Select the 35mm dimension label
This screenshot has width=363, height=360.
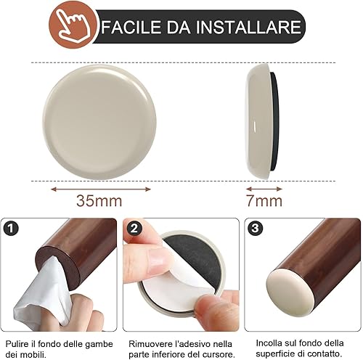(99, 201)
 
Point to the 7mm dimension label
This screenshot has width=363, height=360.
(264, 201)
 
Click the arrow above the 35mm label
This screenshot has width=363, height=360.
(101, 189)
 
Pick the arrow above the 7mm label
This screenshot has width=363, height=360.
(264, 189)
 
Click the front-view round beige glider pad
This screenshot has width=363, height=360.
(99, 122)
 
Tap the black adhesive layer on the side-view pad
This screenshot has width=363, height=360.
(274, 122)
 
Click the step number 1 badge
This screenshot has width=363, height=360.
(11, 229)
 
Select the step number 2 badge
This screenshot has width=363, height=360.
(134, 229)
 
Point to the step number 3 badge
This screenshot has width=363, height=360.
(256, 228)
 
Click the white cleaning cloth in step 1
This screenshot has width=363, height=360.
(44, 292)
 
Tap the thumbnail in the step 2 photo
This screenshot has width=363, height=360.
(157, 262)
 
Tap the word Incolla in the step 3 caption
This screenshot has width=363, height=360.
(269, 343)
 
